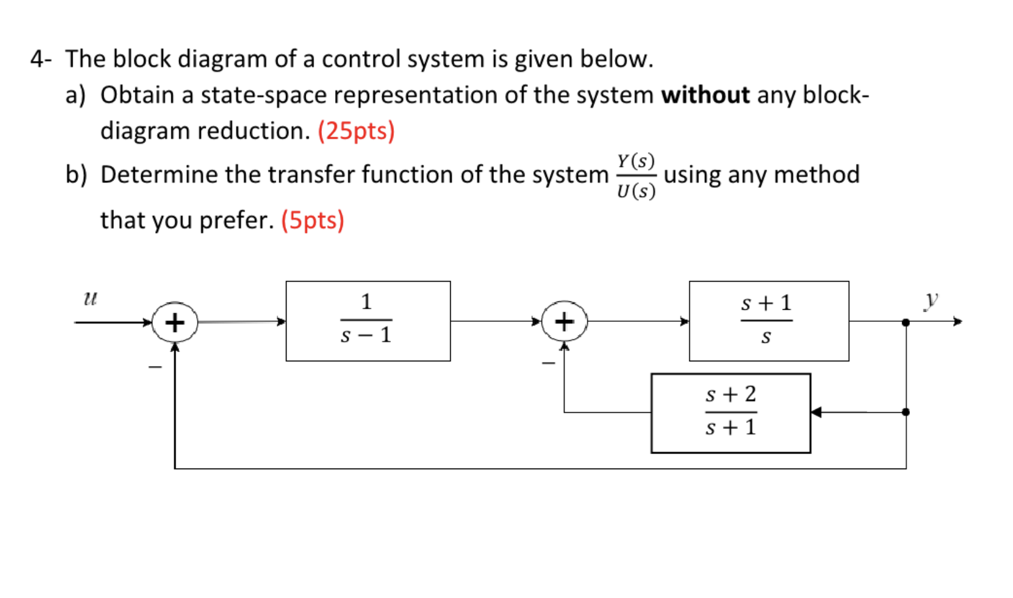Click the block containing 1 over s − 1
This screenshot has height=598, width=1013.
click(368, 321)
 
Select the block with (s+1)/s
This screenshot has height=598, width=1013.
click(768, 321)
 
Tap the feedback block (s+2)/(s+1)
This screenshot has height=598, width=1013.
click(730, 413)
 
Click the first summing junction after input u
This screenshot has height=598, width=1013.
click(174, 322)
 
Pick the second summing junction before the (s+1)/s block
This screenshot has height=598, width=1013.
click(563, 322)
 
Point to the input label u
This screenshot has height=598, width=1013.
click(90, 298)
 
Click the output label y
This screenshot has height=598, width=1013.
click(930, 299)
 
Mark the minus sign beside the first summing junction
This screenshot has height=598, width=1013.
click(155, 367)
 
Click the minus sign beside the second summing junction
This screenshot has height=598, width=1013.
click(548, 363)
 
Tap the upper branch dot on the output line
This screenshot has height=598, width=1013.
click(906, 322)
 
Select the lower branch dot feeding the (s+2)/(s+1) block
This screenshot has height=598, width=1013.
click(906, 412)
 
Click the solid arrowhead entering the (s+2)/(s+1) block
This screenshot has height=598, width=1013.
click(816, 412)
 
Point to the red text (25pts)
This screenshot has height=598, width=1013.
click(356, 131)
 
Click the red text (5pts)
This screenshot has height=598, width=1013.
click(312, 220)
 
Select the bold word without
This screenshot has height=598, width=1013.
click(705, 95)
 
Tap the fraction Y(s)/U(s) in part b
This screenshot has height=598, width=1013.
click(636, 176)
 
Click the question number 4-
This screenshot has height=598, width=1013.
click(41, 59)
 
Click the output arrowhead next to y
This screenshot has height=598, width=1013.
click(957, 322)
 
